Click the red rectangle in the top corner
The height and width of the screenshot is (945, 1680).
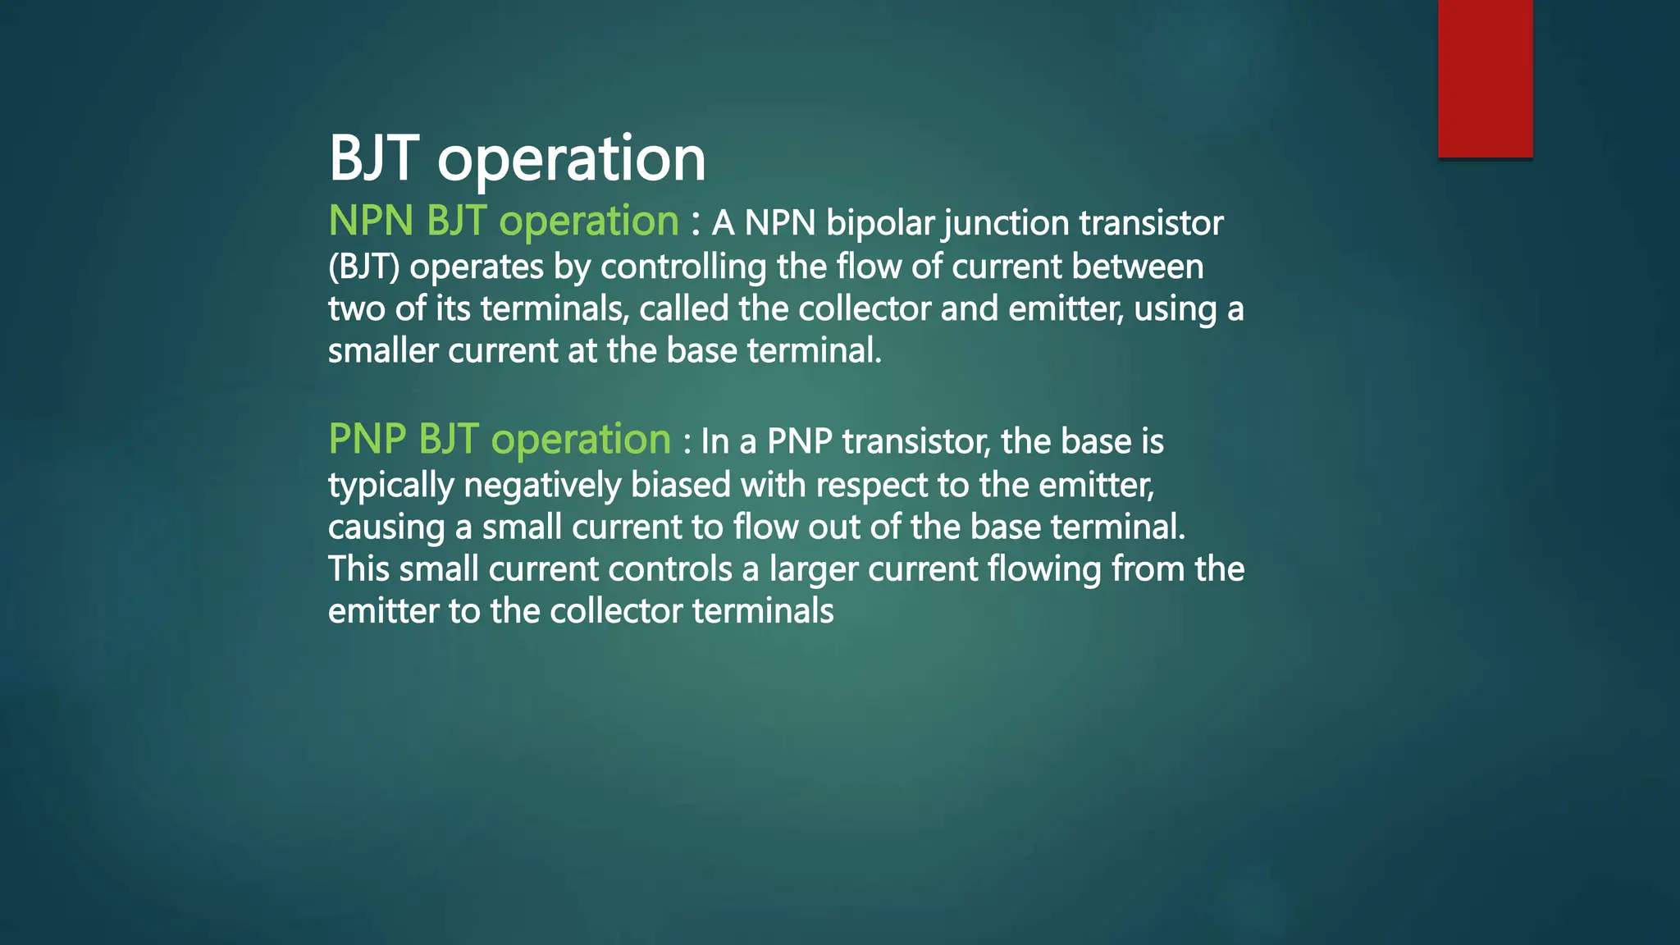(x=1485, y=78)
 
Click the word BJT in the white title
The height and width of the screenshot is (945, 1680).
(x=374, y=157)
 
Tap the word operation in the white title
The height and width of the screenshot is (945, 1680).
(x=572, y=159)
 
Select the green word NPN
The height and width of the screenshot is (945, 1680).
(x=371, y=221)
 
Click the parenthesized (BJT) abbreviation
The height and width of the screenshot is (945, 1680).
(x=363, y=267)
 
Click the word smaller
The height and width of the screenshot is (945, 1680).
(x=383, y=351)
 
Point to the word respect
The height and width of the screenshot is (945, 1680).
(x=871, y=486)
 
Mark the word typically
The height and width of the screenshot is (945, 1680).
(x=390, y=486)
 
